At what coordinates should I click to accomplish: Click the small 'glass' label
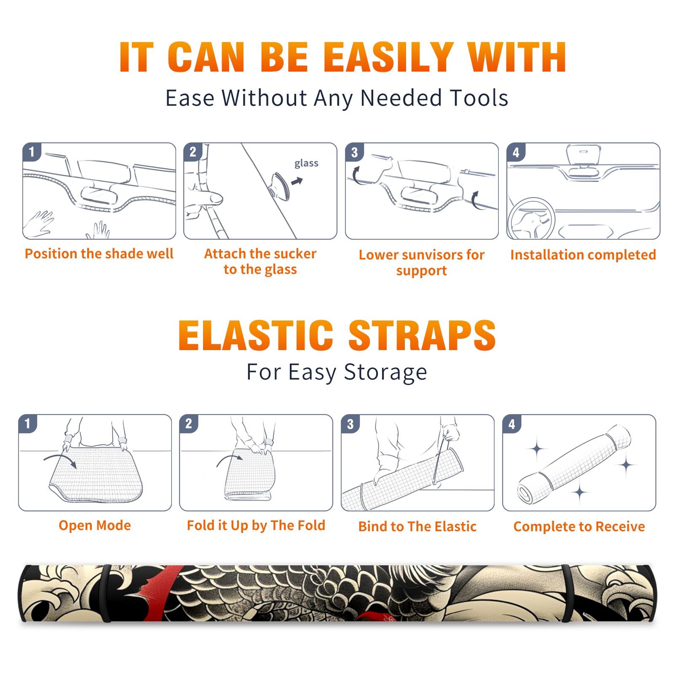306,163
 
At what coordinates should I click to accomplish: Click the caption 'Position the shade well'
99,254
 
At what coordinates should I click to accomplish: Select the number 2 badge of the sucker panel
193,152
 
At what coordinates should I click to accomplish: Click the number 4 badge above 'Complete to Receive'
512,424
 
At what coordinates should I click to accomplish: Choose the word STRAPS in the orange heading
422,335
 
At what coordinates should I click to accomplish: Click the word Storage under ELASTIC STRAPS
385,372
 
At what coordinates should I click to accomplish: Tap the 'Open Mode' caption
95,525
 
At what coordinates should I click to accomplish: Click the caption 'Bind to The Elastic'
417,526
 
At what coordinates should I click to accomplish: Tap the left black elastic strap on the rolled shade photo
105,593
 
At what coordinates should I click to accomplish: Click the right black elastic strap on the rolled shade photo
567,593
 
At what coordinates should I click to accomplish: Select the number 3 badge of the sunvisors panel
354,152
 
